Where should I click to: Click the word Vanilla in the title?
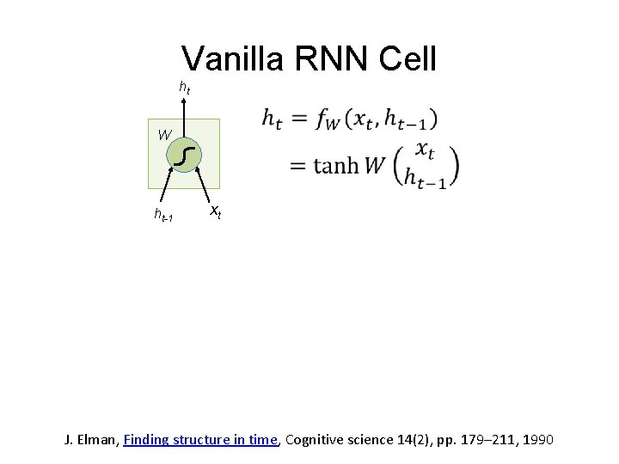233,58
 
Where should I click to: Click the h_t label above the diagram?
184,87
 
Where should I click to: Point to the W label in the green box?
164,134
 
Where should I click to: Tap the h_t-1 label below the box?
163,216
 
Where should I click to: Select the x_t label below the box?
216,211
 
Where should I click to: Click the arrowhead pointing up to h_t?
184,100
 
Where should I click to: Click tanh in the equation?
336,166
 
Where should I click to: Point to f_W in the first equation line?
328,120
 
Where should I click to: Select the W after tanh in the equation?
375,165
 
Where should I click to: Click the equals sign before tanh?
298,166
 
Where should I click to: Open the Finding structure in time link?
201,440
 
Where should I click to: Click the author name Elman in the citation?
98,440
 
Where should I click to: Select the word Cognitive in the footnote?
315,440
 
